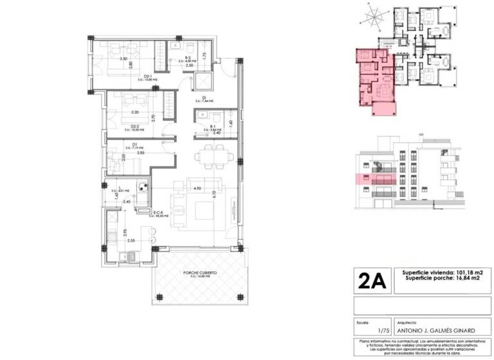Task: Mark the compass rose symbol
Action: coord(371,16)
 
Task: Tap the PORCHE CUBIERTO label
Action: coord(199,273)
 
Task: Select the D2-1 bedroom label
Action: coord(147,76)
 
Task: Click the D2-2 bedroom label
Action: coord(136,126)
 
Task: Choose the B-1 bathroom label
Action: coord(212,127)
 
